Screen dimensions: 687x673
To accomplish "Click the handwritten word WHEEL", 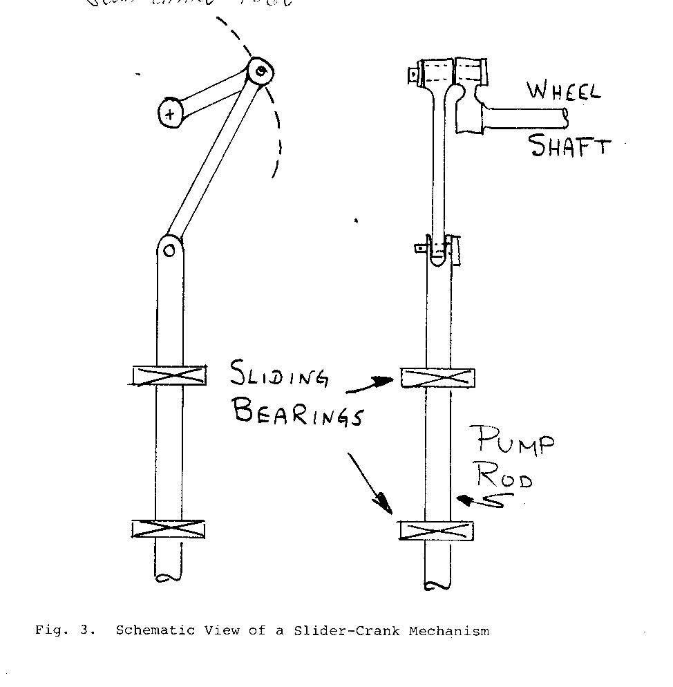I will tap(564, 92).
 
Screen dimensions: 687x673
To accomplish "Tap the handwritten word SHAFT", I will tap(571, 145).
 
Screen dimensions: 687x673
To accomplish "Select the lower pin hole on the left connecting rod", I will tap(170, 250).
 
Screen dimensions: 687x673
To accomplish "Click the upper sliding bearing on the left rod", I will tap(169, 375).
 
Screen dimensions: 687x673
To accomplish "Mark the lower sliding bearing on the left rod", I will tap(169, 529).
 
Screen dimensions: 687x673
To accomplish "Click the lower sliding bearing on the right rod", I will tap(437, 531).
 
